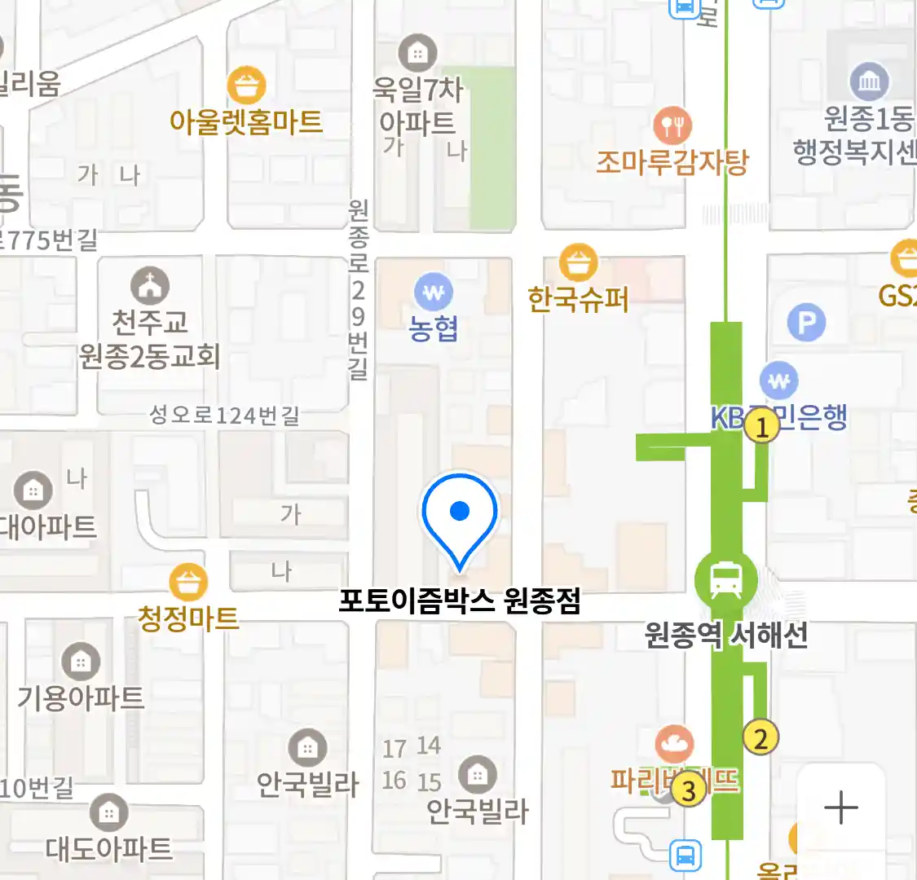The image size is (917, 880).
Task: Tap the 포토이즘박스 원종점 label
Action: pos(460,602)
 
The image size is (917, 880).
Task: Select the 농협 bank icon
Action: pos(434,292)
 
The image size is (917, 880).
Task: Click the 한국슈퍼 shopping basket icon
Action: pos(578,263)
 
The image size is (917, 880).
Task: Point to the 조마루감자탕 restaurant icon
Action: pos(672,125)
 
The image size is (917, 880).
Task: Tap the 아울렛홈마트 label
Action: pos(245,122)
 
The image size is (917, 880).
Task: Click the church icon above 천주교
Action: pos(150,286)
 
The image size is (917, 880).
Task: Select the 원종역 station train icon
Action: pos(725,581)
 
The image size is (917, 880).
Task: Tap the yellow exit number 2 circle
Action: pos(760,738)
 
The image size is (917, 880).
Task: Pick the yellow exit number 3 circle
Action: pos(689,790)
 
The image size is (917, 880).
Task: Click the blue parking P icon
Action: pos(806,323)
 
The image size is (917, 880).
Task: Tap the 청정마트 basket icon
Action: pos(188,583)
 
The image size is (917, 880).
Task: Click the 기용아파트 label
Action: pos(81,697)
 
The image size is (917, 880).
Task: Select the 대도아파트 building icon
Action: pos(108,812)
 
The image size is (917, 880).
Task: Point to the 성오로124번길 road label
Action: pos(224,416)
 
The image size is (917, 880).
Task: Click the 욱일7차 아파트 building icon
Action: pos(417,54)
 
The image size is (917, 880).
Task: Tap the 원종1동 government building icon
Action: pos(869,81)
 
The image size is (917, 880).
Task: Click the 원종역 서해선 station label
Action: pos(725,635)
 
